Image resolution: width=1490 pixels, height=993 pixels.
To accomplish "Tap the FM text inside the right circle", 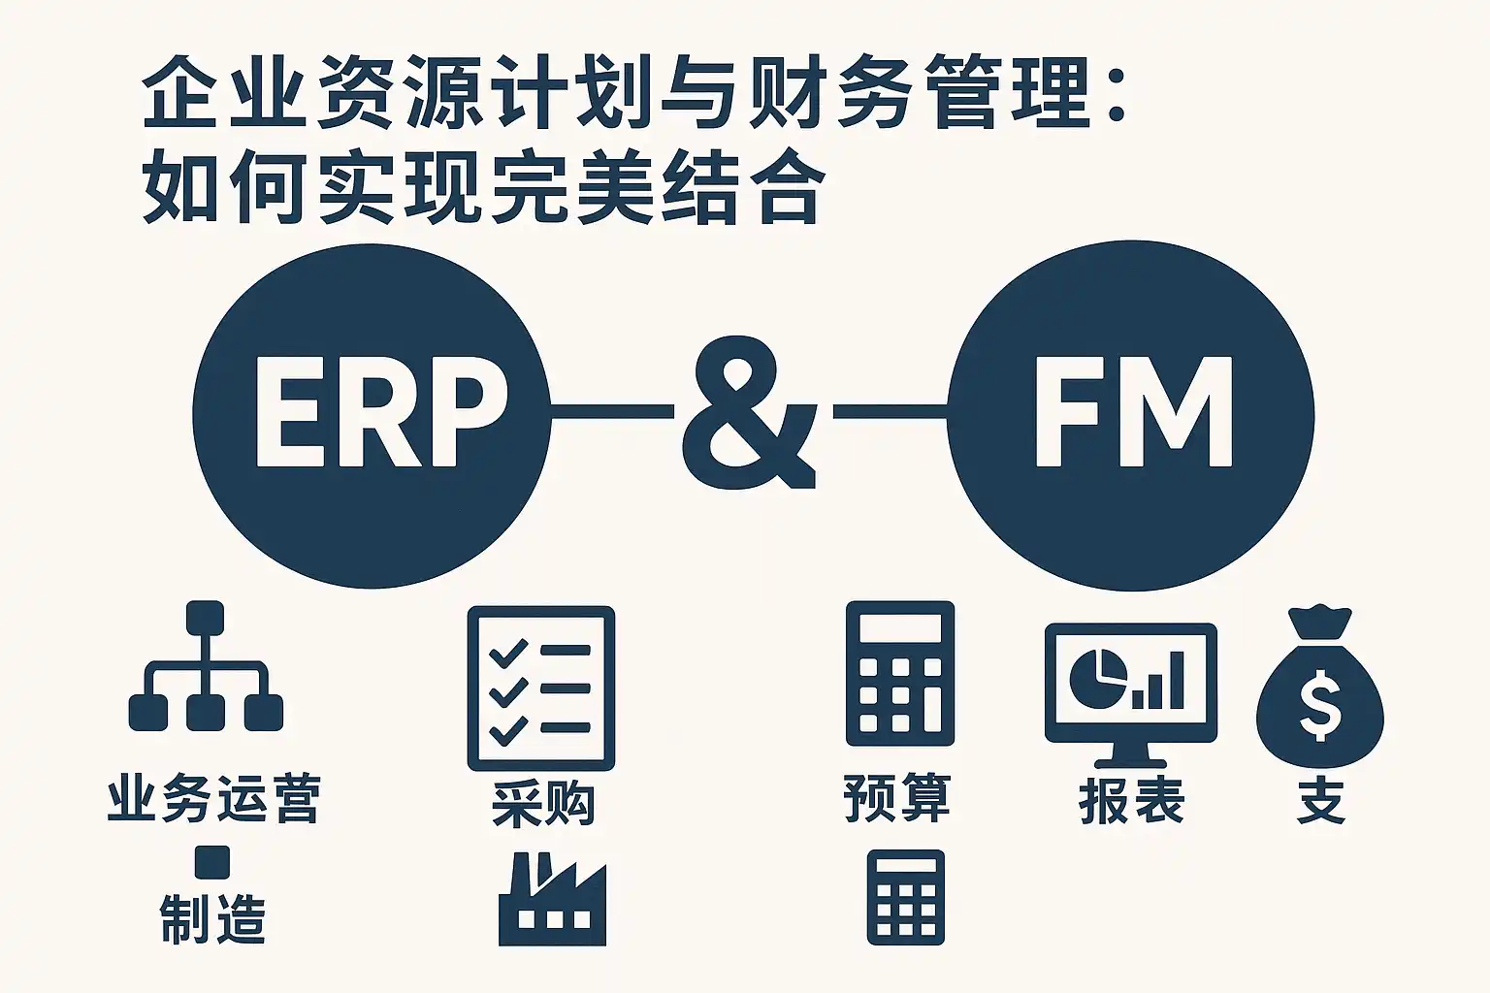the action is tap(1133, 412).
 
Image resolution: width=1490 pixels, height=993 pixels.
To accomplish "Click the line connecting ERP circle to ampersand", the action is tap(612, 412).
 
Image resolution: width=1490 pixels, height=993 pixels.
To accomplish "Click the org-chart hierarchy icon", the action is tap(206, 665).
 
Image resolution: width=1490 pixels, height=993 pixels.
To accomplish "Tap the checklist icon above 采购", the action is tap(540, 688).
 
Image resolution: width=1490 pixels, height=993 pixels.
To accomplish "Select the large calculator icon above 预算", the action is tap(900, 673).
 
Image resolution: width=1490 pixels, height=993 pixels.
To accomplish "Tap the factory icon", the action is tap(552, 899).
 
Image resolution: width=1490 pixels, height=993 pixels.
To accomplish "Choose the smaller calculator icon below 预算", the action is tap(906, 897).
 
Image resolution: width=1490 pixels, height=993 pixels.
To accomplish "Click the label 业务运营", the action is tap(214, 798).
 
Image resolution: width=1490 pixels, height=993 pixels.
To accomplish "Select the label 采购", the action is tap(543, 803).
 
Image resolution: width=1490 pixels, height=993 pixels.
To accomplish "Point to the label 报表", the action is tap(1131, 801).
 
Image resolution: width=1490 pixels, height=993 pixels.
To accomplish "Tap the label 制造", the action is tap(212, 917).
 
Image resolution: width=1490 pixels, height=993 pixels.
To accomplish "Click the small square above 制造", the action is tap(212, 863).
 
